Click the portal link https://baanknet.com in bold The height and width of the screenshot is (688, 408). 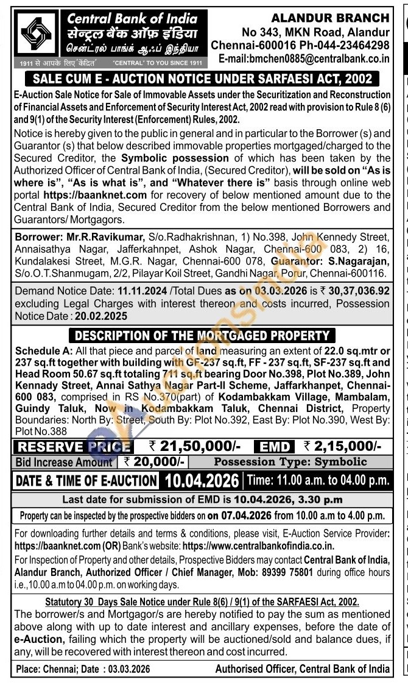95,196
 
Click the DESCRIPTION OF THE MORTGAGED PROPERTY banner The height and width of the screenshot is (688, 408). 201,336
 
